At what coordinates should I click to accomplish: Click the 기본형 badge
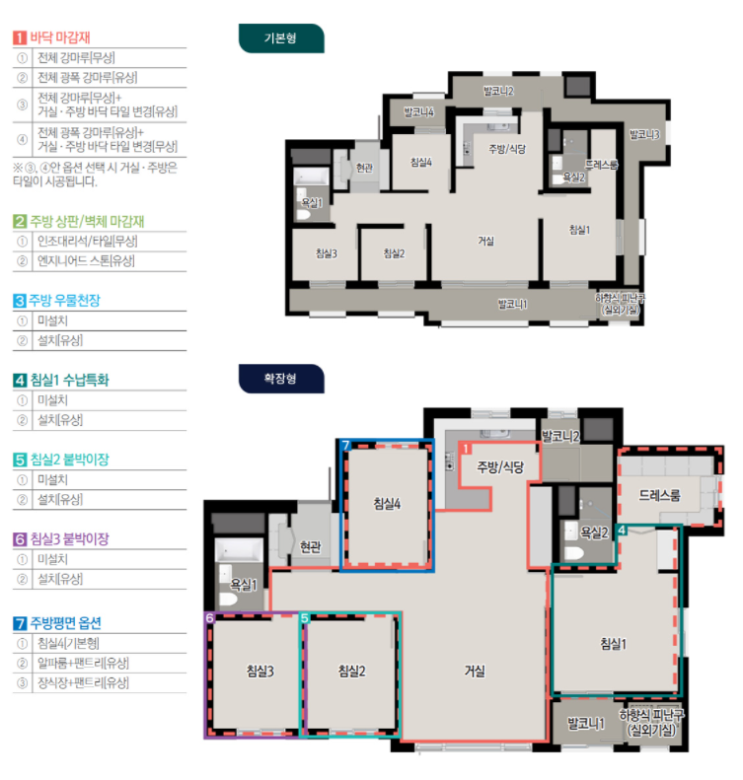click(281, 38)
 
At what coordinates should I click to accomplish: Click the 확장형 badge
click(281, 379)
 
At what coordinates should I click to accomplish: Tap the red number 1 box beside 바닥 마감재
click(20, 37)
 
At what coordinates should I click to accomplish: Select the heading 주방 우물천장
click(64, 301)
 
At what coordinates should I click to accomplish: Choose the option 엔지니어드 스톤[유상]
click(86, 260)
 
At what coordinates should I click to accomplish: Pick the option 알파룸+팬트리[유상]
click(83, 663)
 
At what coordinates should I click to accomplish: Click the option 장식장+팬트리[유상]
click(83, 682)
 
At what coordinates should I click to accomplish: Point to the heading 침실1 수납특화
click(70, 380)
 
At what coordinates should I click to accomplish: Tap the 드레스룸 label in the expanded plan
click(659, 495)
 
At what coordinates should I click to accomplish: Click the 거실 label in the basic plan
click(485, 241)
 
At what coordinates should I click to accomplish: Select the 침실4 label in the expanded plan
click(387, 504)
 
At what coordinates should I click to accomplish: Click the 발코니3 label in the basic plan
click(644, 134)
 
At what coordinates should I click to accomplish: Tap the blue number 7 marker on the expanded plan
click(346, 445)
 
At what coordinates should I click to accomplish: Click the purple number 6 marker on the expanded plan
click(210, 618)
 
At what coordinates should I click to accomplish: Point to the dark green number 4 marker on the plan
click(622, 531)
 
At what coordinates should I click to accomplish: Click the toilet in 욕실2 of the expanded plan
click(574, 552)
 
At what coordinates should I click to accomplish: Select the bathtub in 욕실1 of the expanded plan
click(239, 550)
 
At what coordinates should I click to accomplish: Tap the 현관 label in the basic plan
click(364, 168)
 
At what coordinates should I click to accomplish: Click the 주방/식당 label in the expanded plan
click(500, 466)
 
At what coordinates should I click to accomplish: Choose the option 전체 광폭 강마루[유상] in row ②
click(88, 78)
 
